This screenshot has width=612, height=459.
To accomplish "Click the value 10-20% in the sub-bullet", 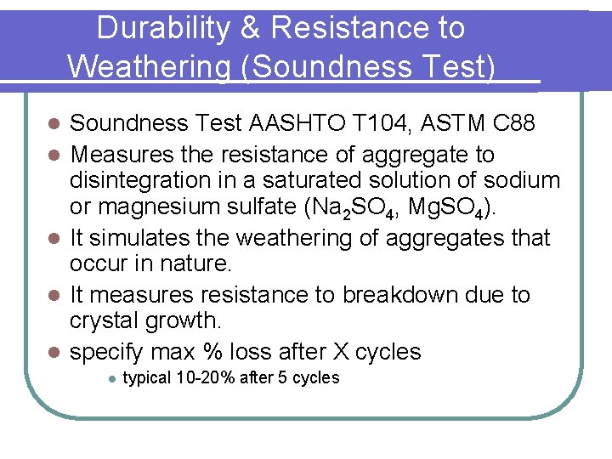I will pos(205,378).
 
